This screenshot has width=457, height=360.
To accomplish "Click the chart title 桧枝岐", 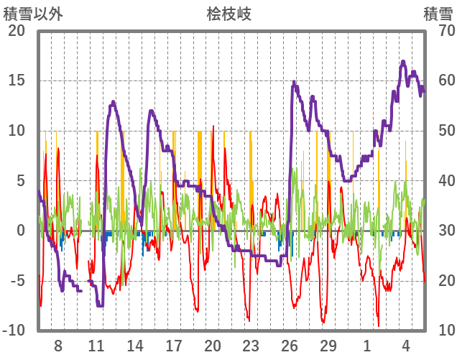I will [x=228, y=14].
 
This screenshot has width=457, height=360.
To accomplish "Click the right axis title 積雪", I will [x=437, y=14].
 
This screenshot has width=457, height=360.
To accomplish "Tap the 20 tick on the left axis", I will [x=16, y=31].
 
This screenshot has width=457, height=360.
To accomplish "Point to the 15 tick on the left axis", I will [x=16, y=80].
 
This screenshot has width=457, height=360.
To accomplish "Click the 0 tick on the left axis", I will [x=20, y=231].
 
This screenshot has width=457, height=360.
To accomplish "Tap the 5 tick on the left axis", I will [x=20, y=180].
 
